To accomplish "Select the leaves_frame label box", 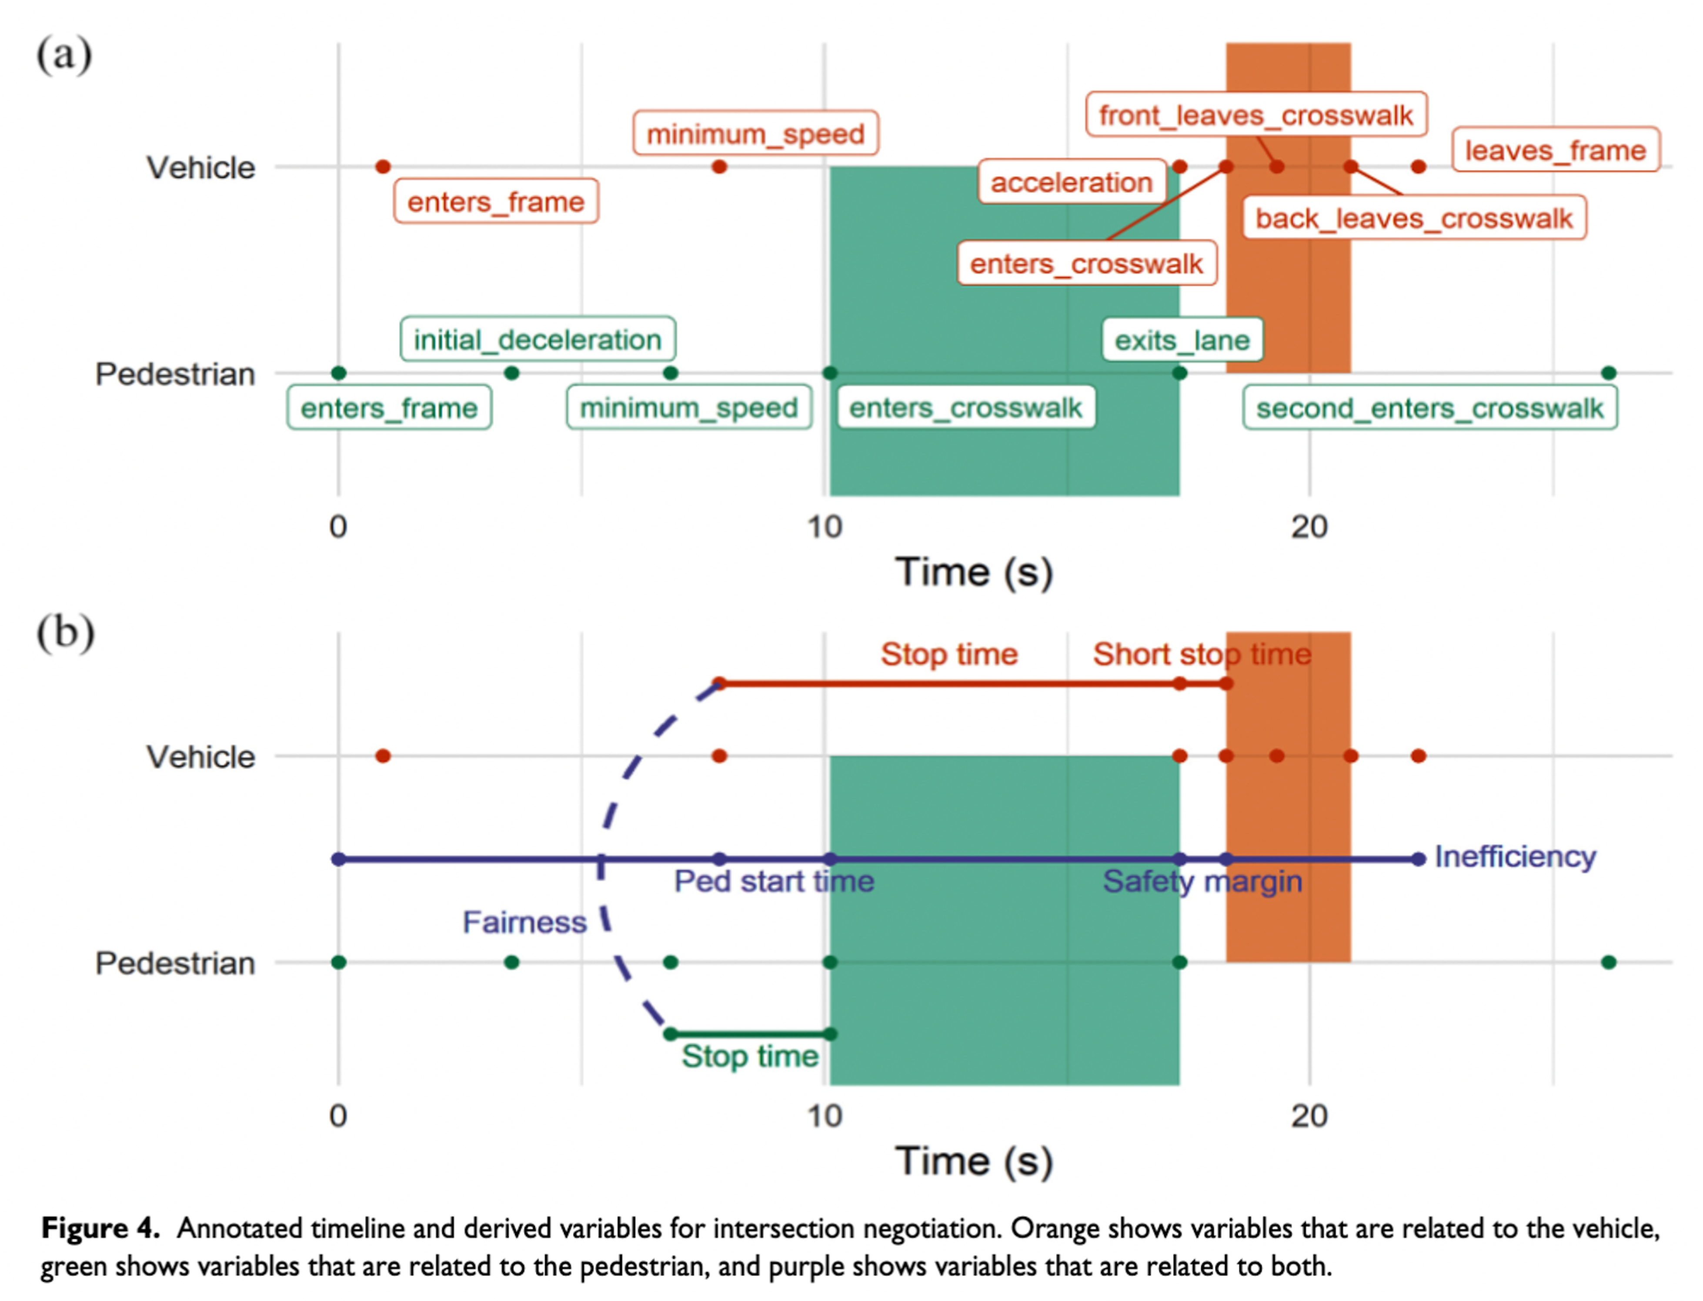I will coord(1555,150).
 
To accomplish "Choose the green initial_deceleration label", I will coord(537,339).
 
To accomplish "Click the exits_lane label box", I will coord(1182,340).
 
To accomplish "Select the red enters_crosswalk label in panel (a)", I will coord(1086,264).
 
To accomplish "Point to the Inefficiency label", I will coord(1515,856).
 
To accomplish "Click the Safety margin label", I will coord(1202,881).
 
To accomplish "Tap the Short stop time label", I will coord(1202,654).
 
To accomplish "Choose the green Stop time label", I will coord(749,1056).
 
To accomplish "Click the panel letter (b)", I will coord(65,633).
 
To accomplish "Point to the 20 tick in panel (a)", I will coord(1309,527).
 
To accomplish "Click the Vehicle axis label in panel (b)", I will coord(200,756).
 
